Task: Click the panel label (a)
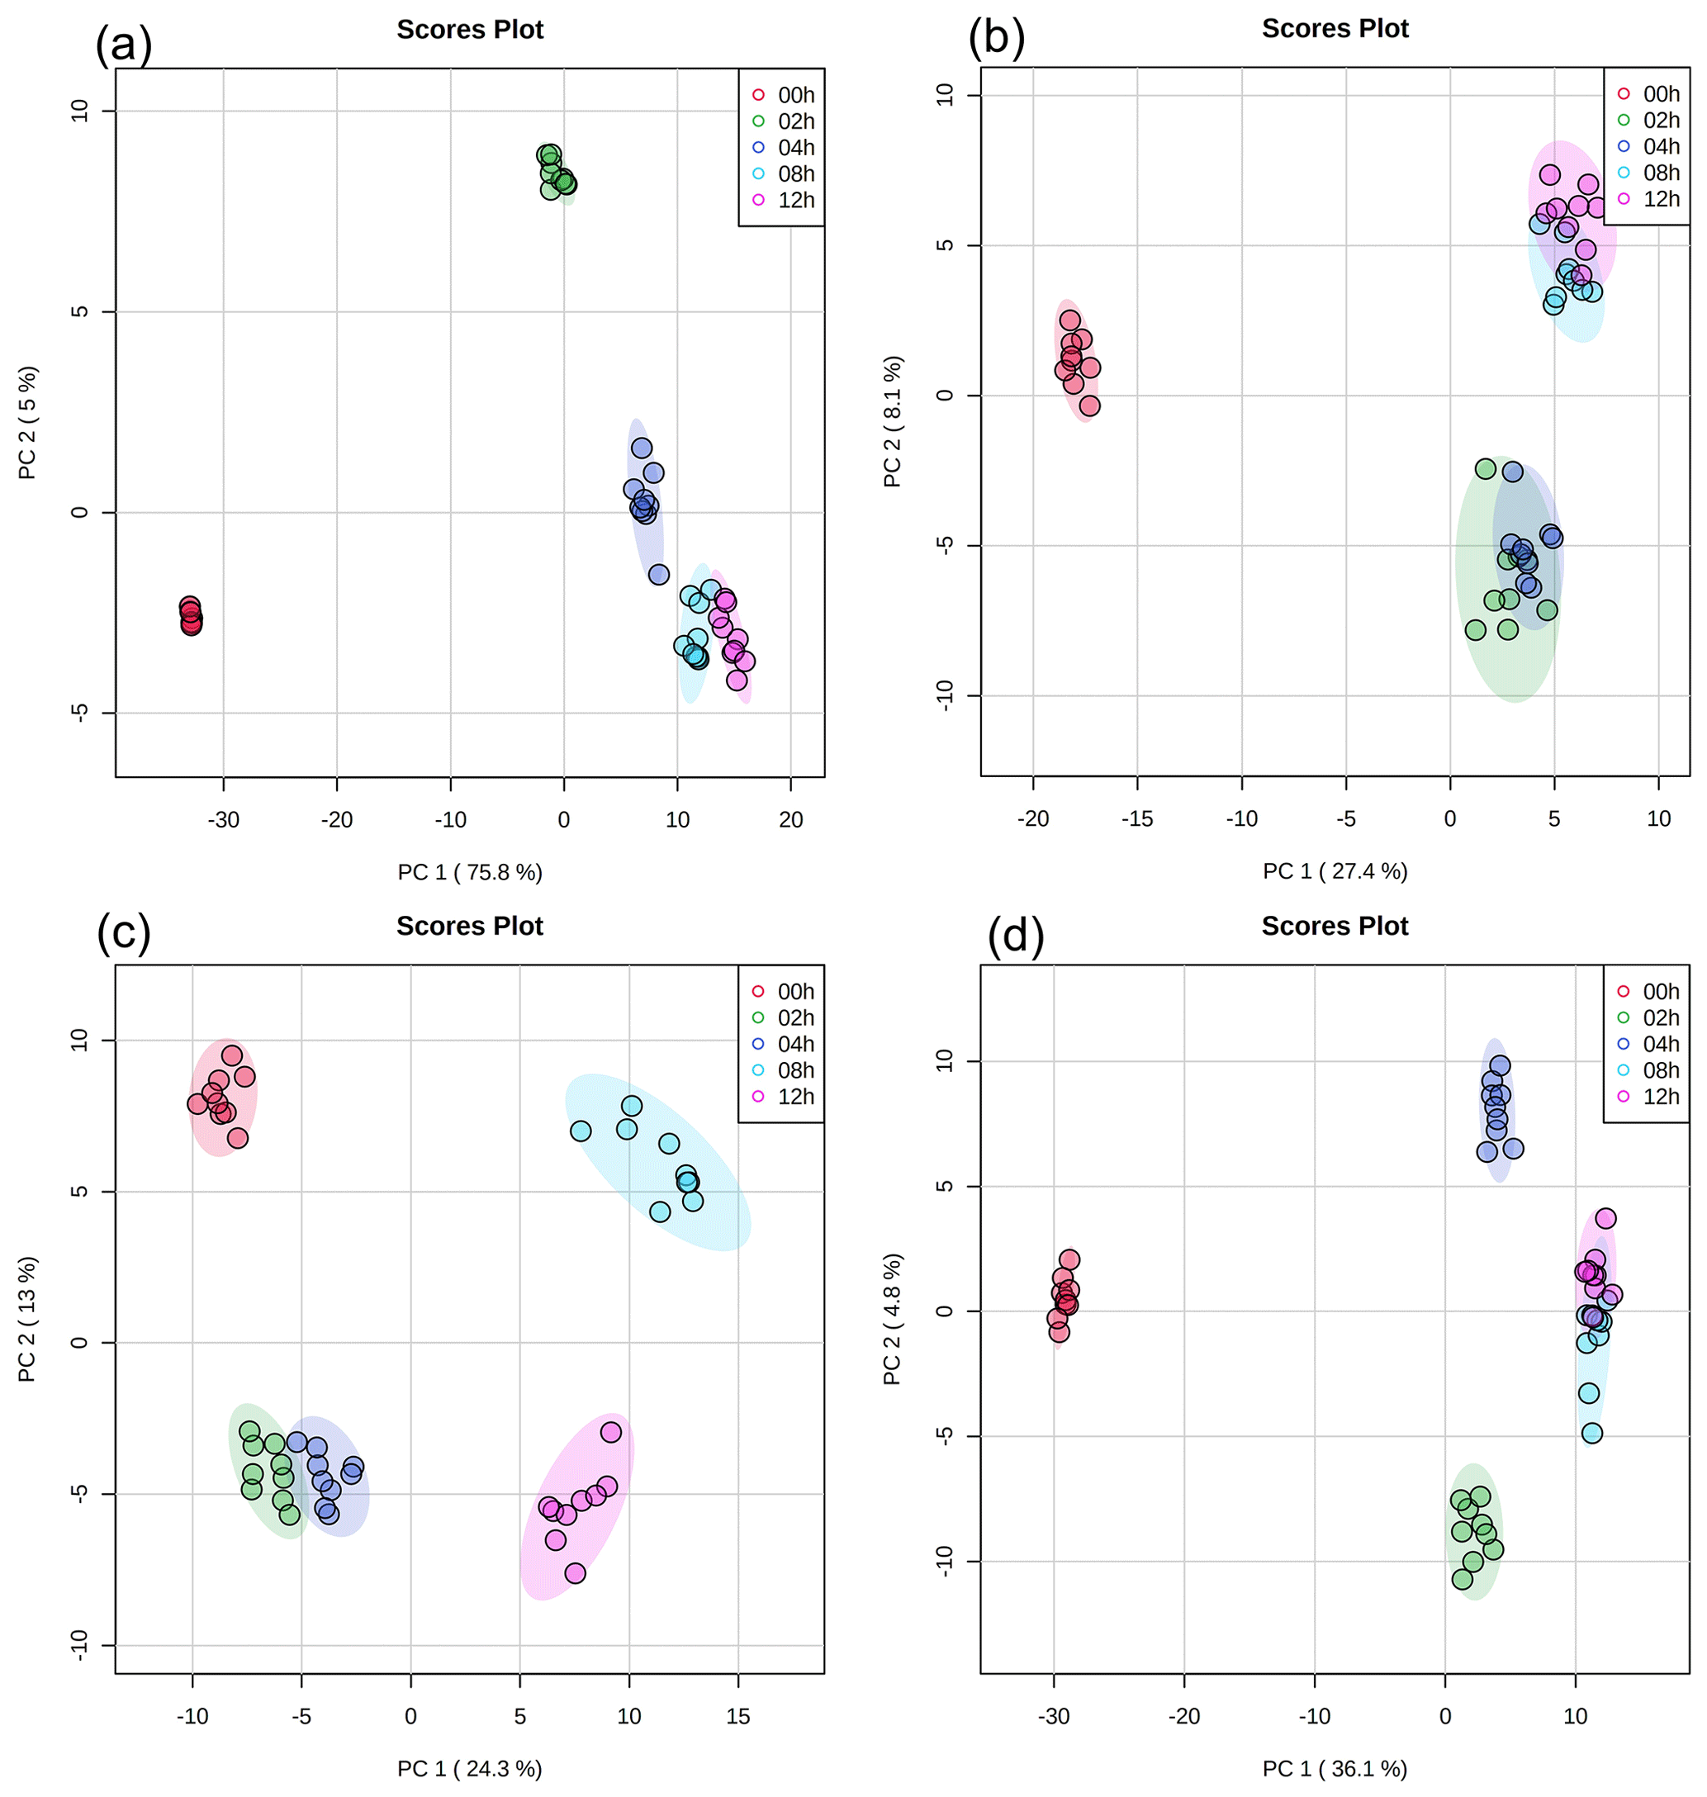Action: [123, 44]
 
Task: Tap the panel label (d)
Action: [1016, 936]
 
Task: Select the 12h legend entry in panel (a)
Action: [785, 200]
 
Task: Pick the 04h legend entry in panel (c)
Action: [784, 1044]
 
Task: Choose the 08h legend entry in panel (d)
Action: [1648, 1070]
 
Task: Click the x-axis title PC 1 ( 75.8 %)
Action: [470, 873]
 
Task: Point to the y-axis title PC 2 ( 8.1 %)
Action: [892, 421]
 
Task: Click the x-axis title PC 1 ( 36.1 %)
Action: [1334, 1769]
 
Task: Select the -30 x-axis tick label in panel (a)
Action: [223, 820]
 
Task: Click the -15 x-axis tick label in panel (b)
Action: [1136, 819]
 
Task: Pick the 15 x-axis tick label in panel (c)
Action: [738, 1716]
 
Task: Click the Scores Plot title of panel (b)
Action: [1335, 29]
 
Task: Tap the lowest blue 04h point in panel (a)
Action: [659, 574]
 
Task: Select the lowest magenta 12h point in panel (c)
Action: [575, 1573]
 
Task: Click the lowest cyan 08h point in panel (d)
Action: [1591, 1433]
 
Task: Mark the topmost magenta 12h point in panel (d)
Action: [1605, 1218]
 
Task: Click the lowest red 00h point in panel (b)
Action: [1089, 405]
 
